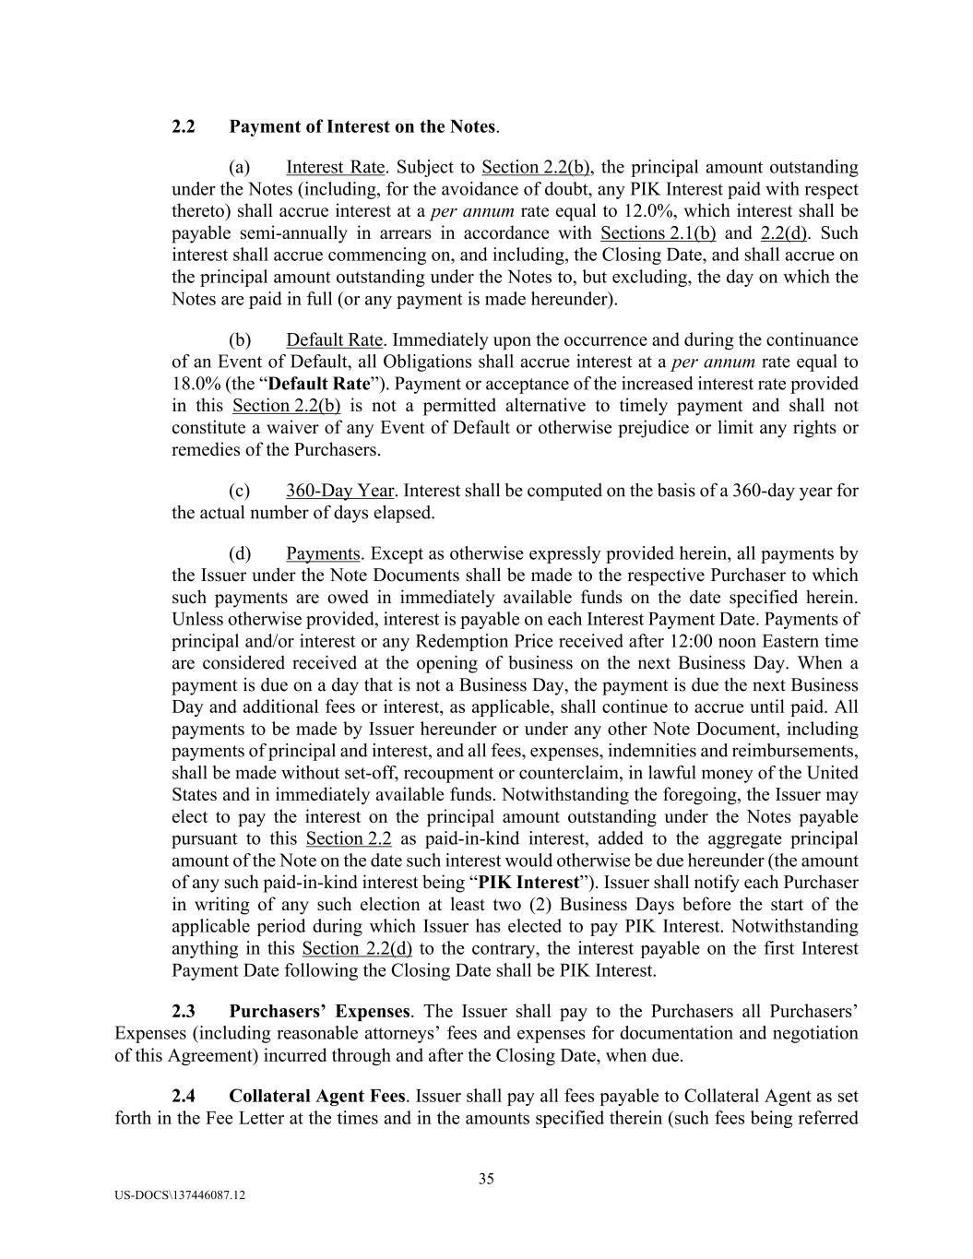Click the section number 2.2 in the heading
(183, 126)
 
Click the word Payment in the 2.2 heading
(261, 126)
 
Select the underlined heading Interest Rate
(335, 167)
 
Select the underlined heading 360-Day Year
(339, 491)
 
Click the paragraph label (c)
(240, 491)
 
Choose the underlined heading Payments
(323, 553)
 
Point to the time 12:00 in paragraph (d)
(683, 641)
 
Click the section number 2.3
(183, 1012)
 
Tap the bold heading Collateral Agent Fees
(316, 1097)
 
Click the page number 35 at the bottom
(486, 1179)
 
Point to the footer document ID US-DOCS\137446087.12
(180, 1195)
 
